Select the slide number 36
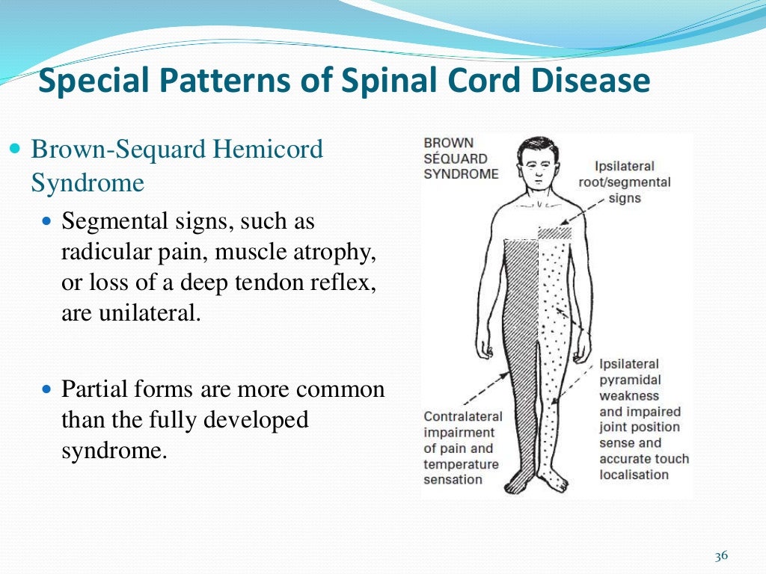[x=721, y=555]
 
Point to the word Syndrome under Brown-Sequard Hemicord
[x=87, y=182]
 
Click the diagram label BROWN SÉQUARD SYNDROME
[x=460, y=158]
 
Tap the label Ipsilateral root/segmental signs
[x=624, y=182]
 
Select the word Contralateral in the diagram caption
[x=462, y=416]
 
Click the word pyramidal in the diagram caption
[x=630, y=380]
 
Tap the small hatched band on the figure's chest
[x=554, y=232]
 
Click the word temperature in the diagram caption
[x=461, y=464]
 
